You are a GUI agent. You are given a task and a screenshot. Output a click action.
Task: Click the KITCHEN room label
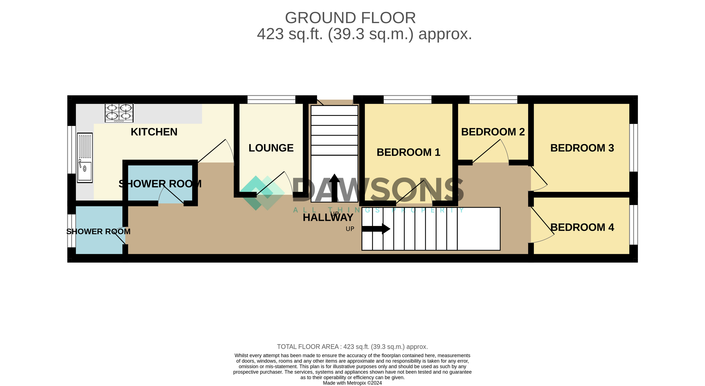coord(154,132)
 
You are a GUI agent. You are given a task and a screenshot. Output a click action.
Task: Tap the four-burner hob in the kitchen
coord(119,113)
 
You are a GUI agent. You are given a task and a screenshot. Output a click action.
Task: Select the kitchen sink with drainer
coord(85,158)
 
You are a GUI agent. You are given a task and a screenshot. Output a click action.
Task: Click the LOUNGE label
coord(271,148)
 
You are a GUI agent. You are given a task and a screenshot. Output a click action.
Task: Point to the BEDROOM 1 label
coord(408,152)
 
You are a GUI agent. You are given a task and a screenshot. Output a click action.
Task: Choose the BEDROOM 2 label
coord(493,132)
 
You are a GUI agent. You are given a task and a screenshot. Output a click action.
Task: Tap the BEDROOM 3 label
coord(582,148)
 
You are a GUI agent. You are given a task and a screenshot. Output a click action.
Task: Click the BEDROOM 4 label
coord(582,227)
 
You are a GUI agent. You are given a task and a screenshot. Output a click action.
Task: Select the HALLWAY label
coord(328,218)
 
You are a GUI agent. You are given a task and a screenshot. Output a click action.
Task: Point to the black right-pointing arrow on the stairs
coord(376,229)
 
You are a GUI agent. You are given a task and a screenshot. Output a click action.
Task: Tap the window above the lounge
coord(271,99)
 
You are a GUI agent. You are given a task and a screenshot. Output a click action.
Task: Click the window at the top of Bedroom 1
coord(407,99)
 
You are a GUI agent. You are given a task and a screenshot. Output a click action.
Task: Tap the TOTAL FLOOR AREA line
coord(352,347)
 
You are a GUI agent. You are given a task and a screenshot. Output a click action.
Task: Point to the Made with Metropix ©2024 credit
coord(352,383)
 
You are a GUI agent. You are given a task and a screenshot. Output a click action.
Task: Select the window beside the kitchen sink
coord(71,150)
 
